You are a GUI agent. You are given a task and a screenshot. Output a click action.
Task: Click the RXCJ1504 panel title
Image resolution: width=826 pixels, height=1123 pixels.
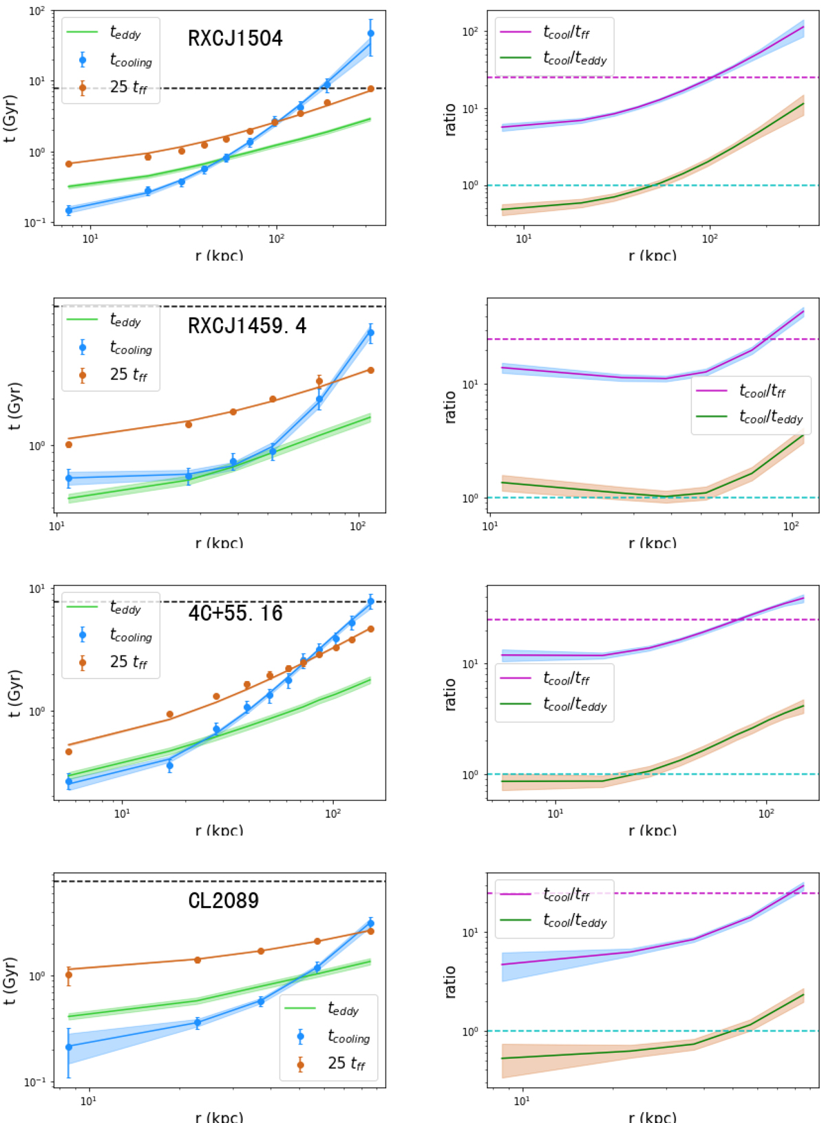click(235, 38)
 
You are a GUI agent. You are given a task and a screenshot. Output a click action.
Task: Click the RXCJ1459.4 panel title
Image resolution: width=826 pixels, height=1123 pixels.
click(247, 326)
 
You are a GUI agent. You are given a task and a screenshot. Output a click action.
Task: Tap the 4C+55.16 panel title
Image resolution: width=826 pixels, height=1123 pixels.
click(235, 613)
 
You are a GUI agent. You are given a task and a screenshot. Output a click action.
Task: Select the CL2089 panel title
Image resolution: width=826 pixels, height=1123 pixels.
click(224, 901)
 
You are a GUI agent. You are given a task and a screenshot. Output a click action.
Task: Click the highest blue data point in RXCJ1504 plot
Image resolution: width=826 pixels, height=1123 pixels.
click(371, 33)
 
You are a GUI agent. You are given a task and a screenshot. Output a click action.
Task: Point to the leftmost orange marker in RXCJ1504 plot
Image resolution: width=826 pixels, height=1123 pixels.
click(69, 164)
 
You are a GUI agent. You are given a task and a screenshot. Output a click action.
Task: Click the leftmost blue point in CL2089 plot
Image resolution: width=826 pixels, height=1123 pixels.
click(69, 1047)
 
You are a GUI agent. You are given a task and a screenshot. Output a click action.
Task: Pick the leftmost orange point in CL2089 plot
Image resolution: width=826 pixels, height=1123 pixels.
click(69, 975)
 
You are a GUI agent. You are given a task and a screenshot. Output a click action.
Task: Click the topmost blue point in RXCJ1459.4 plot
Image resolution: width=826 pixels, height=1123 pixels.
click(371, 333)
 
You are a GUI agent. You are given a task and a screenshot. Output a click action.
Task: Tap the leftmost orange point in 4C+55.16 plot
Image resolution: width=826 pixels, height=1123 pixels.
click(69, 751)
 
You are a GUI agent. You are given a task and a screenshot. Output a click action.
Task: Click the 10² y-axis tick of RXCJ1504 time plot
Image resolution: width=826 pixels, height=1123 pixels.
click(37, 12)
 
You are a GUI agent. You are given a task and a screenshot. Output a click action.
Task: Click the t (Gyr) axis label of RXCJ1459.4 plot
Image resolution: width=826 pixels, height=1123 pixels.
click(14, 406)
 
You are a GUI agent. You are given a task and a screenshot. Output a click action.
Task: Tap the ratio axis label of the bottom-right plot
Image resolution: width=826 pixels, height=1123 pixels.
click(450, 981)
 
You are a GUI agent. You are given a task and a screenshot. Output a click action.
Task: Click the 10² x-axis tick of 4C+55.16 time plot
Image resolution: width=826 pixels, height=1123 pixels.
click(333, 813)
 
